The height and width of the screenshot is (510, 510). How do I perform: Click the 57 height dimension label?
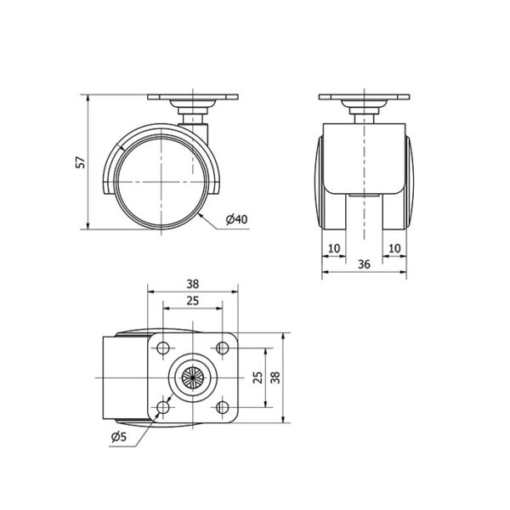(81, 162)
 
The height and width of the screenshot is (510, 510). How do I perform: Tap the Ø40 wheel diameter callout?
(236, 219)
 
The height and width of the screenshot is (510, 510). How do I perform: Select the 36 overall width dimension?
(364, 264)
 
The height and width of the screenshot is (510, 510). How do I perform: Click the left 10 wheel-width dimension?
(334, 248)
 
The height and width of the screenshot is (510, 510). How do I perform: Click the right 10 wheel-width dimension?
(394, 248)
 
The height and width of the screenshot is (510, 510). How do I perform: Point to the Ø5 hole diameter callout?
(118, 437)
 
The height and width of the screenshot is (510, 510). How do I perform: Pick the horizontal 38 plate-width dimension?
(193, 284)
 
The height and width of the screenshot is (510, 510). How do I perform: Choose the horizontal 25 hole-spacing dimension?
(193, 301)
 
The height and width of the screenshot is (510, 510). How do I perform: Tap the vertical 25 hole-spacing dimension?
(258, 377)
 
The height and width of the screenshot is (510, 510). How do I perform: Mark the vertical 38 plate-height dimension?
(275, 377)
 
